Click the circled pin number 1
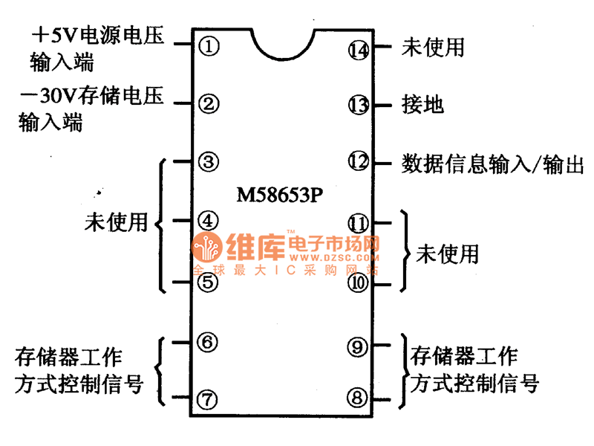pyautogui.click(x=209, y=46)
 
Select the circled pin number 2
pyautogui.click(x=209, y=103)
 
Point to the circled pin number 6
pyautogui.click(x=209, y=341)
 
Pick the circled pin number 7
pyautogui.click(x=209, y=399)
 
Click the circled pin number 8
pyautogui.click(x=358, y=399)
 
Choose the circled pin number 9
pyautogui.click(x=358, y=346)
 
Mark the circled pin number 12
pyautogui.click(x=358, y=161)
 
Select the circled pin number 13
pyautogui.click(x=358, y=105)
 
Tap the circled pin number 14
pyautogui.click(x=358, y=50)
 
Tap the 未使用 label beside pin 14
pyautogui.click(x=433, y=48)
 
